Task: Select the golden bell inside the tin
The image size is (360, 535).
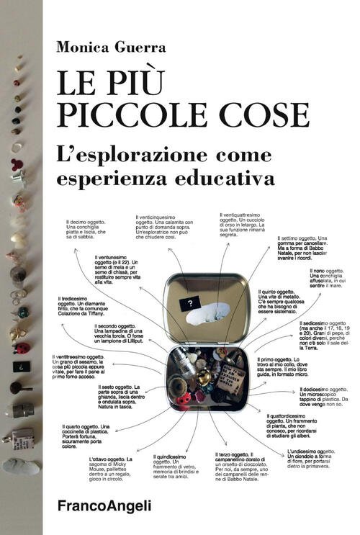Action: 204,377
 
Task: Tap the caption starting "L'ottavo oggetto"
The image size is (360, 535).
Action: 112,469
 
